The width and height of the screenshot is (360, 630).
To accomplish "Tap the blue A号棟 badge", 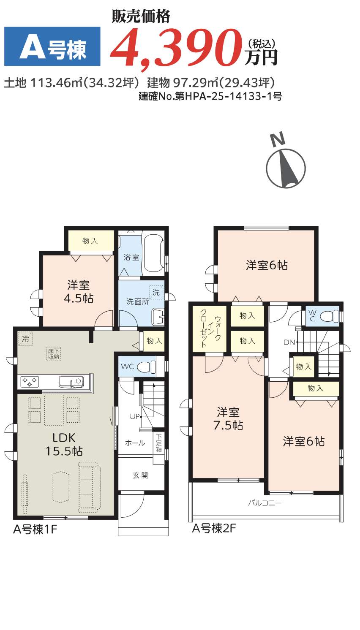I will click(x=52, y=46).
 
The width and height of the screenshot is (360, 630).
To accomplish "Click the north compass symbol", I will click(x=286, y=165).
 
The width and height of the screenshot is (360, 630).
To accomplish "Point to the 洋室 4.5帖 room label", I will click(x=78, y=292).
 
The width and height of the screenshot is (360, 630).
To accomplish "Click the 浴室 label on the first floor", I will click(x=131, y=257).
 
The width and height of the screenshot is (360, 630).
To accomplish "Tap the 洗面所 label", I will click(x=137, y=301).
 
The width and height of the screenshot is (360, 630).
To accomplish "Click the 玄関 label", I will click(x=140, y=475).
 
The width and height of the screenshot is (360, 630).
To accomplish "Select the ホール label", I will click(x=135, y=443).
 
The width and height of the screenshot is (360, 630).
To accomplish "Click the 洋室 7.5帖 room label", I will click(x=228, y=418).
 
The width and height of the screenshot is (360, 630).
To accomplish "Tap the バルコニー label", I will click(x=265, y=503).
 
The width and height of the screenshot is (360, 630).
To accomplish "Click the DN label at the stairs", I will click(x=289, y=342).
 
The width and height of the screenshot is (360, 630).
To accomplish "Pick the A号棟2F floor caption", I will click(x=214, y=528).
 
